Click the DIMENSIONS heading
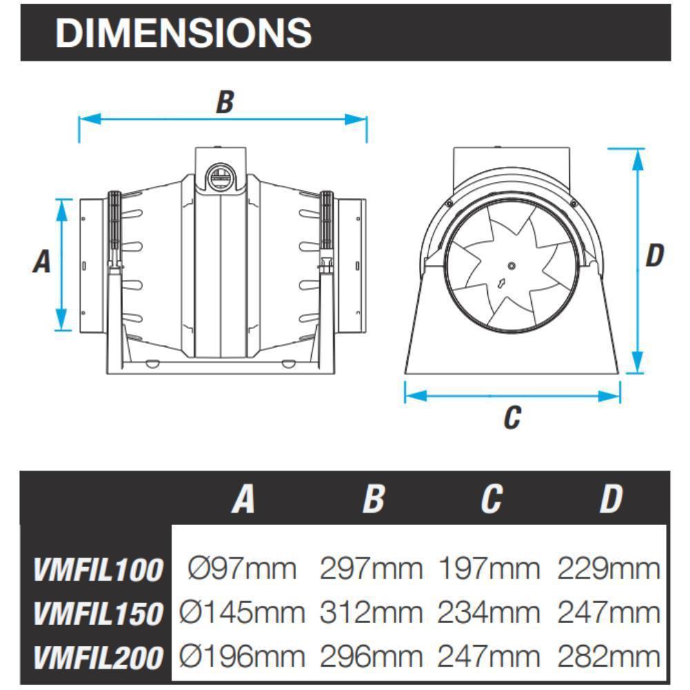click(x=183, y=32)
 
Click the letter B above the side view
click(x=225, y=102)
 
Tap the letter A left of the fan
click(x=42, y=262)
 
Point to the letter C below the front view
click(x=511, y=417)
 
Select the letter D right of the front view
click(x=654, y=255)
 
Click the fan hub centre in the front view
click(x=511, y=266)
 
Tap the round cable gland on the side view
click(x=221, y=175)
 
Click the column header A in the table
click(x=243, y=499)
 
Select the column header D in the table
click(x=610, y=499)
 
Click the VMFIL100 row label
click(x=98, y=570)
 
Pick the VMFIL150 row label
click(x=98, y=613)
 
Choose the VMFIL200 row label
click(x=98, y=657)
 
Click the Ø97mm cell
click(x=242, y=569)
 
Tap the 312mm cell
click(x=371, y=613)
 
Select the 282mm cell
click(x=609, y=656)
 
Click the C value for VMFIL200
click(x=489, y=656)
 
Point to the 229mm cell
click(x=609, y=569)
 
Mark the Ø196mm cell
click(x=242, y=656)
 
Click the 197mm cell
click(x=489, y=569)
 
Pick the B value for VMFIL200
click(x=371, y=656)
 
